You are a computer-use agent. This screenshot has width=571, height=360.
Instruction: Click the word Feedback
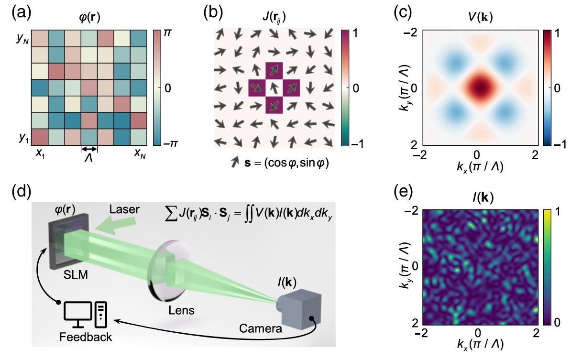(x=86, y=337)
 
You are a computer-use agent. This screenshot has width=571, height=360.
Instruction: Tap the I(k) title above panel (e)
(x=477, y=197)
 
